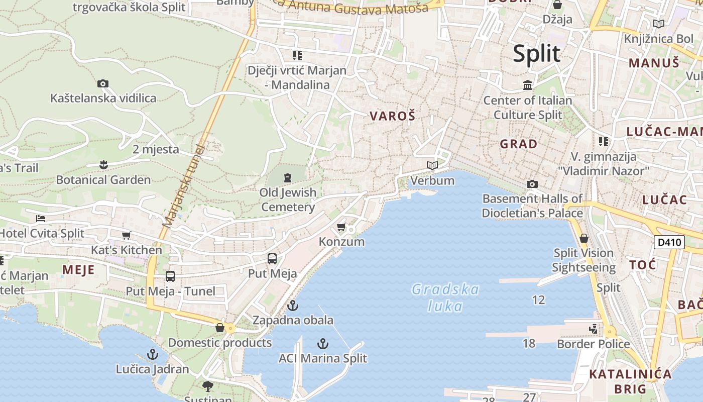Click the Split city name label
click(x=536, y=53)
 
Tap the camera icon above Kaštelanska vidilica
click(x=103, y=83)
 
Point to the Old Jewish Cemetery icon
click(x=288, y=177)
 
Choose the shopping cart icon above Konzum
click(x=341, y=227)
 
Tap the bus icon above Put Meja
click(x=272, y=259)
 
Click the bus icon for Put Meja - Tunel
click(x=170, y=276)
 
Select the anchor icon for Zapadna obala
click(x=293, y=306)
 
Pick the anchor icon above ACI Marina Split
click(x=323, y=344)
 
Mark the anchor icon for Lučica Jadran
click(x=153, y=355)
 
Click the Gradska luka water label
click(x=445, y=297)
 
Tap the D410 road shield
click(x=670, y=242)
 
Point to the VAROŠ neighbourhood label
click(x=392, y=116)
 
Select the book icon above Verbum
click(x=432, y=165)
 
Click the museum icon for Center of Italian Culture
click(x=528, y=85)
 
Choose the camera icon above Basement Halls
click(x=532, y=184)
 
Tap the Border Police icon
click(x=594, y=329)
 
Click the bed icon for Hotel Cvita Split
click(x=41, y=219)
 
